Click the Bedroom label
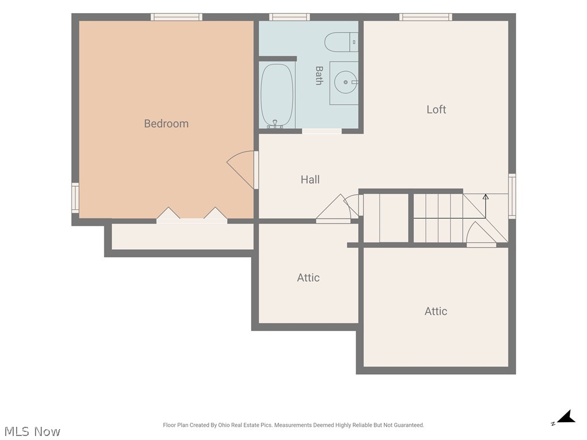coord(166,124)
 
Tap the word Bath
coord(319,76)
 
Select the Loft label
coord(436,109)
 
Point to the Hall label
coord(310,179)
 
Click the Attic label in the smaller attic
coord(308,278)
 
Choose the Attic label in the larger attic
coord(436,311)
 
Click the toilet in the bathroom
coord(341,42)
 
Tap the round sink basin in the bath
coord(346,82)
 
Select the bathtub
coord(277,95)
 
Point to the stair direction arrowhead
coord(486,197)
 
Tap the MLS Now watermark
coord(32,431)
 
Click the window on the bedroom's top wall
coord(177,17)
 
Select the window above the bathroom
coord(289,17)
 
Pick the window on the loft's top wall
coord(426,17)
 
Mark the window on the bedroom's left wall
coord(75,198)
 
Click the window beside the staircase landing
coord(512,196)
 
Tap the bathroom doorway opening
coord(322,131)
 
